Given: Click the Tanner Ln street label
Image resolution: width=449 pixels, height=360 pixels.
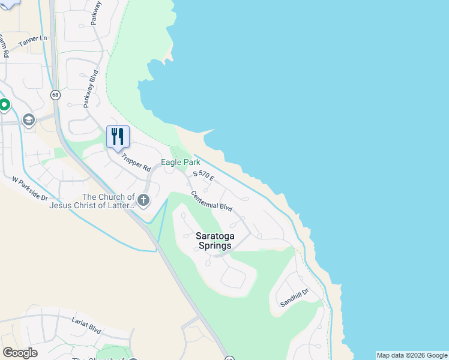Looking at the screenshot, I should tap(32, 40).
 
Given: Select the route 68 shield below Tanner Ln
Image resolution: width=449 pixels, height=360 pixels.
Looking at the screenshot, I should tap(55, 95).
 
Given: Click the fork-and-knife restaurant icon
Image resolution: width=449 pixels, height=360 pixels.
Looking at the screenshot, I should tap(118, 136).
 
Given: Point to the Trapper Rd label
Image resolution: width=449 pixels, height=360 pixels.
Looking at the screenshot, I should tap(136, 163).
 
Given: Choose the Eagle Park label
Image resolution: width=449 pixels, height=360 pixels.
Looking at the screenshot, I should tap(180, 163).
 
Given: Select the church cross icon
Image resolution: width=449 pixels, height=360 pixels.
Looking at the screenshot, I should tap(143, 200).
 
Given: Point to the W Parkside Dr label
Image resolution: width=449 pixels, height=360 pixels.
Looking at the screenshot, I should tap(29, 188).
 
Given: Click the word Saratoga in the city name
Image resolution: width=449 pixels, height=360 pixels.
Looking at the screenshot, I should tap(214, 236).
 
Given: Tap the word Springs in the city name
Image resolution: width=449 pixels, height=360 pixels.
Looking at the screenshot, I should tap(214, 245).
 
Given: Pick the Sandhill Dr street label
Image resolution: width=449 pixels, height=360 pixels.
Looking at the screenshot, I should tap(294, 298).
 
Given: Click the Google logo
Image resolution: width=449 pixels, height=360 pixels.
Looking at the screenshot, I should tap(20, 353).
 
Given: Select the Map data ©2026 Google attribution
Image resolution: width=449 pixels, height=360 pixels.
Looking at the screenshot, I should tap(412, 355).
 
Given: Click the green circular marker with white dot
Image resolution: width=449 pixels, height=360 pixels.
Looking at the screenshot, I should tap(5, 106).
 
